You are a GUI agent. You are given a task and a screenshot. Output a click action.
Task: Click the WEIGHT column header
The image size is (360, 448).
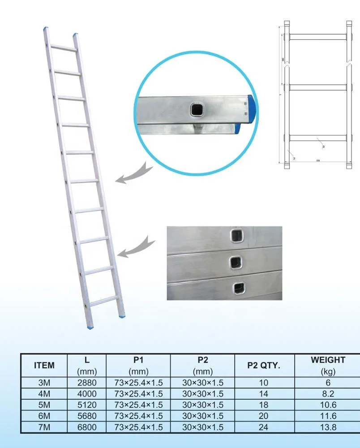click(x=328, y=365)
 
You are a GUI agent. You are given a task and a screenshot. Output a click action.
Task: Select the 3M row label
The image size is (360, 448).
click(x=44, y=383)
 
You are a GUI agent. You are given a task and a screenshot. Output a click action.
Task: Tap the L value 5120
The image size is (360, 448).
click(x=87, y=405)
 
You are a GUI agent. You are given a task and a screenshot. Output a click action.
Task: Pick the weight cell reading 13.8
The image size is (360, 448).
click(x=328, y=427)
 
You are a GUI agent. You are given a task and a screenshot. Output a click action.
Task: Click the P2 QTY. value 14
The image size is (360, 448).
click(x=264, y=394)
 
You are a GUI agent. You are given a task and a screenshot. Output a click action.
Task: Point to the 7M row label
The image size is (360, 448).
click(x=44, y=427)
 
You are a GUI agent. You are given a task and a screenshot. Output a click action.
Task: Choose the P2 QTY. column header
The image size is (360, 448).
click(x=264, y=366)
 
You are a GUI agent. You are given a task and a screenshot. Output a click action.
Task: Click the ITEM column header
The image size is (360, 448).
click(x=44, y=366)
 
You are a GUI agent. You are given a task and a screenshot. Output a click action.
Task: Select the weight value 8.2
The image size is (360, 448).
click(x=328, y=394)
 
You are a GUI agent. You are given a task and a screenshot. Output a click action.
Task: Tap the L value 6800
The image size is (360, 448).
click(x=87, y=427)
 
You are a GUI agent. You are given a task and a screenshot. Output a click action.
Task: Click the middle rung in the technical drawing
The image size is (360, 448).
click(x=317, y=86)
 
